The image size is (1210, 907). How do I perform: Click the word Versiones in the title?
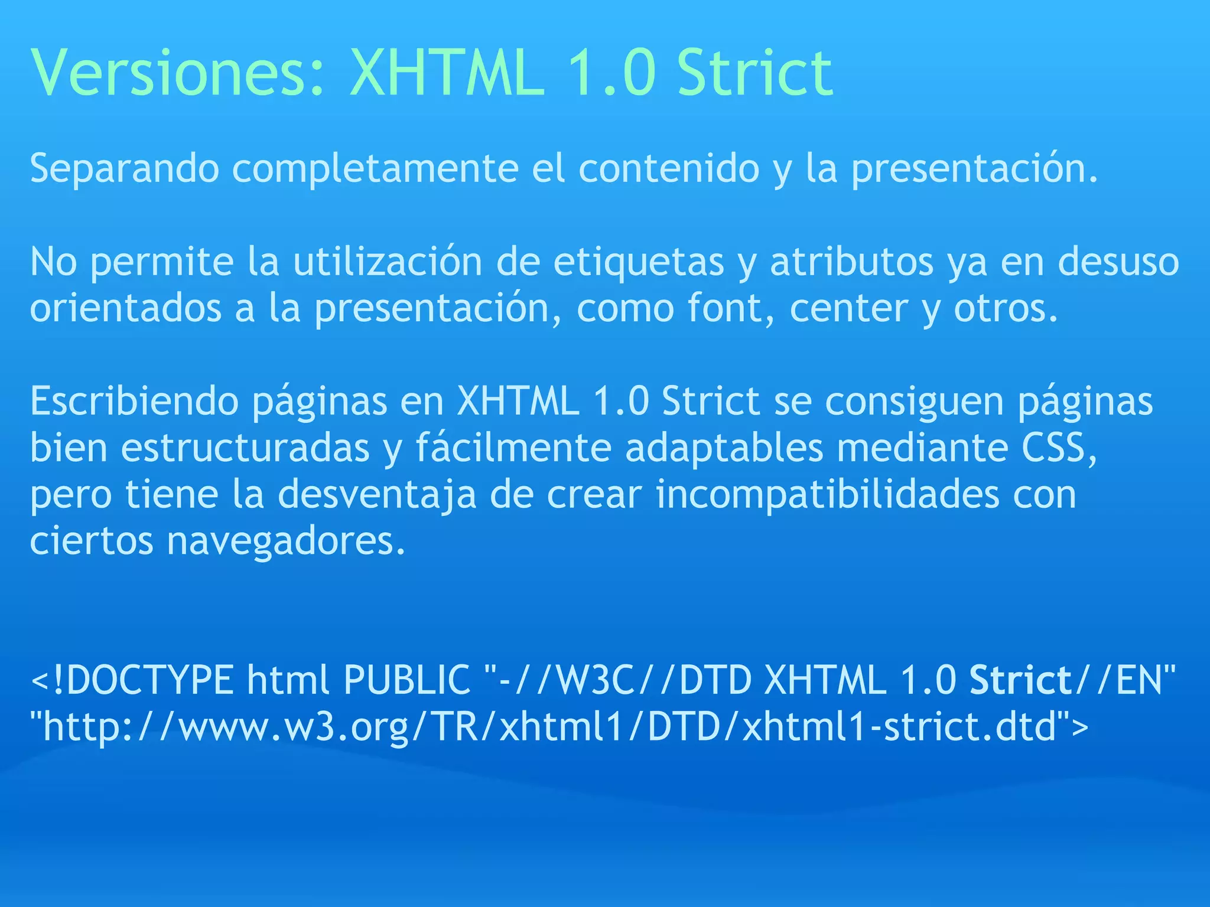pos(177,73)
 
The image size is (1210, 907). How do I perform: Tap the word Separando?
pos(125,169)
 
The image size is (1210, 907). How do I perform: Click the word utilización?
pos(388,262)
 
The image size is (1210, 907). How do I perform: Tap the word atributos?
pos(851,262)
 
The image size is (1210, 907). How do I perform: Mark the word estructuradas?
pos(245,448)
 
